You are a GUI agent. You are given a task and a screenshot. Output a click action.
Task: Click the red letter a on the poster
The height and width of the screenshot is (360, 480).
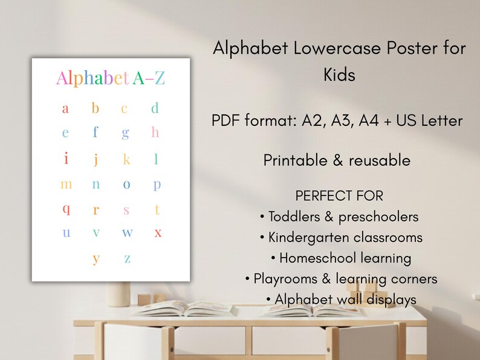tap(65, 109)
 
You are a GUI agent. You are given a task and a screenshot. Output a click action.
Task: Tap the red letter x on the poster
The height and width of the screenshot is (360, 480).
tap(158, 233)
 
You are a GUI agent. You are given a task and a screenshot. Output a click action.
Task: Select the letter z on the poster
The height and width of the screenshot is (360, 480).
tap(127, 259)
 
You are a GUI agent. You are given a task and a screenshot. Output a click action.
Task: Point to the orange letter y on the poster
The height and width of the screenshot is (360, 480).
tap(96, 258)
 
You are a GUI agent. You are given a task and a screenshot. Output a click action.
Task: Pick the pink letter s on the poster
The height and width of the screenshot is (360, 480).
tap(126, 210)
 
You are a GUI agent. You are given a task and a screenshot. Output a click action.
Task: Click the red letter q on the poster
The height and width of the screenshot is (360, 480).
tap(66, 209)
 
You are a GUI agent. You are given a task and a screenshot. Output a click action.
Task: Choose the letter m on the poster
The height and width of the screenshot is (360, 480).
tap(66, 185)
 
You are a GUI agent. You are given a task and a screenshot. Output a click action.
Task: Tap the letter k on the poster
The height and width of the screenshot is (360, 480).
tap(126, 160)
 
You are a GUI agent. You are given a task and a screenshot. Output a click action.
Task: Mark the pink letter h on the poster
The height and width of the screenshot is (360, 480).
tap(155, 132)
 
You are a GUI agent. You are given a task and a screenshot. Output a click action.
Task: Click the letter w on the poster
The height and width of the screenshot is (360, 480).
tap(127, 233)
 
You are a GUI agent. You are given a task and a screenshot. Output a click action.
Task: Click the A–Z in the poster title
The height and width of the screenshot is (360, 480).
tap(148, 78)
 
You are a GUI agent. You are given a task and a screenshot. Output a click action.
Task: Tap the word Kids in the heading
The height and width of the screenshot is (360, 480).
tap(339, 75)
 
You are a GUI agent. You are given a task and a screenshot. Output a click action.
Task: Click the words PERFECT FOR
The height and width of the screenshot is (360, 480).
tap(339, 196)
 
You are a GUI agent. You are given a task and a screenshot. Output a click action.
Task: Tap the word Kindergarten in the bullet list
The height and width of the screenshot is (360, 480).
tap(315, 237)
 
